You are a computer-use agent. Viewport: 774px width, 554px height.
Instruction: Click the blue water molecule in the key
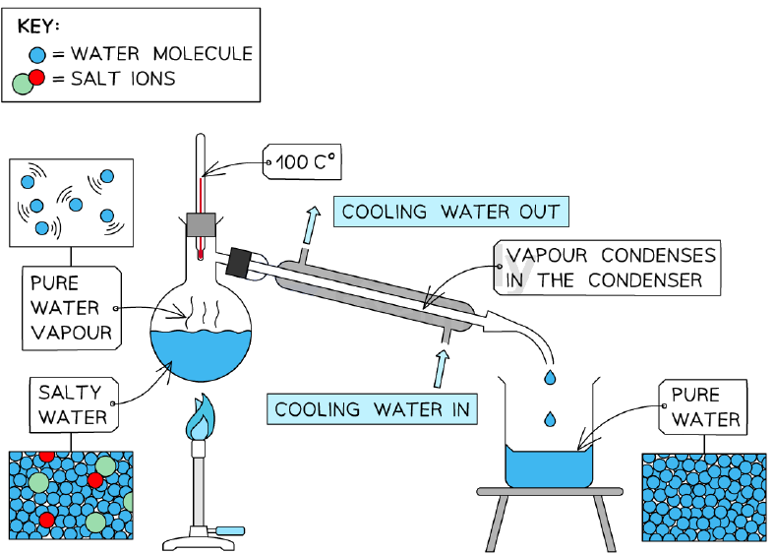[x=37, y=54]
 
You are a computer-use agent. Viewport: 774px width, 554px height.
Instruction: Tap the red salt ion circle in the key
[x=36, y=78]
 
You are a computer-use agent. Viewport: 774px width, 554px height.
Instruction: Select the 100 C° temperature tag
[x=302, y=161]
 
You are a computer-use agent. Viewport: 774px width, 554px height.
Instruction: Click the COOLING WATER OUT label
[x=451, y=212]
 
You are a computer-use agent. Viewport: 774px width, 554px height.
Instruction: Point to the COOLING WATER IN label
[x=372, y=409]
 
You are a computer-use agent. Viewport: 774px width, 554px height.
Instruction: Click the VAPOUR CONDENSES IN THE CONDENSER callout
[x=607, y=268]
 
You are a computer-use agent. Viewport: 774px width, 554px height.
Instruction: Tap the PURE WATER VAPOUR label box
[x=72, y=308]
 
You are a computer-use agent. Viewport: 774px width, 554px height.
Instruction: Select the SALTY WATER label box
[x=74, y=404]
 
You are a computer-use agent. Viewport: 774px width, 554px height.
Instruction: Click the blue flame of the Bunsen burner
[x=200, y=417]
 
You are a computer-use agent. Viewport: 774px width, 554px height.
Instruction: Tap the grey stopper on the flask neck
[x=201, y=225]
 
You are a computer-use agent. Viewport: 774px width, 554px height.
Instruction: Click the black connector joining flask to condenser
[x=238, y=262]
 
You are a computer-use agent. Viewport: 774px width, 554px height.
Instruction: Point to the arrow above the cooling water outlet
[x=311, y=225]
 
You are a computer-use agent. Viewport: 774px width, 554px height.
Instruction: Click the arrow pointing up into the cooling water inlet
[x=441, y=369]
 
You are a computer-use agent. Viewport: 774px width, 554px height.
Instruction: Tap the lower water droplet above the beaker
[x=550, y=418]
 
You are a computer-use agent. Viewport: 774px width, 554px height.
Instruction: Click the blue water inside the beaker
[x=549, y=467]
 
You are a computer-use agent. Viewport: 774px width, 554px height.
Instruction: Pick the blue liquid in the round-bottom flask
[x=201, y=354]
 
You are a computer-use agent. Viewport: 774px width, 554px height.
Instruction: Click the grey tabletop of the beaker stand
[x=550, y=492]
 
